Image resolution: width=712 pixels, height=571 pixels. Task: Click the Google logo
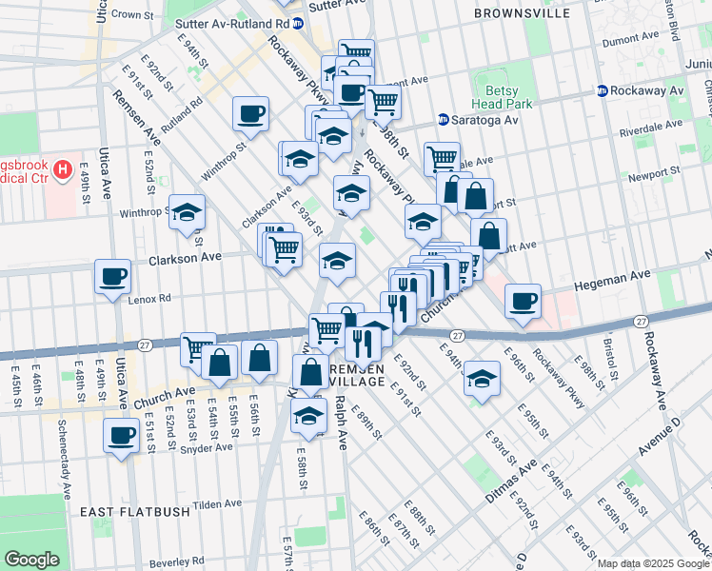point(31,560)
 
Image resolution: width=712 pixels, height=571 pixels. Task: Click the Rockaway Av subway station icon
point(603,90)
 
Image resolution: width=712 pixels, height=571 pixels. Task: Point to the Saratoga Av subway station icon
point(444,120)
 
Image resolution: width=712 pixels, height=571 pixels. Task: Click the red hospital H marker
point(64,171)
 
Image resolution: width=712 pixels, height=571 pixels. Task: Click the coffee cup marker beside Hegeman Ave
point(523,301)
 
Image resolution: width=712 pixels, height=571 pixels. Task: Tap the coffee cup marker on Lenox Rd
point(112,276)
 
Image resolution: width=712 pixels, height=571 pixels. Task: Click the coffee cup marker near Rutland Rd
point(251,113)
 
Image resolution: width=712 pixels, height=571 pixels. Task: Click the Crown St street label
point(133,15)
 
